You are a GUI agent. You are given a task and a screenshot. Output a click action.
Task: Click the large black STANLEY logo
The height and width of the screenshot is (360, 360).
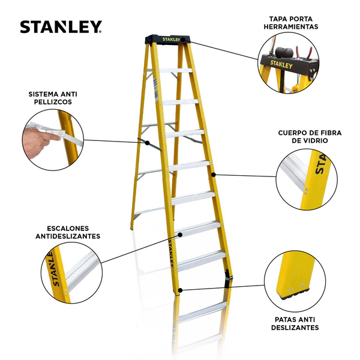(61, 27)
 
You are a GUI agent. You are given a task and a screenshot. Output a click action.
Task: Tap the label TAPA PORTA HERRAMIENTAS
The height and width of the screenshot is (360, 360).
(291, 23)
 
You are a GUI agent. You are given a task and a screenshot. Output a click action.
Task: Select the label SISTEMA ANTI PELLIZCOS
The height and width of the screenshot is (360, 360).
(53, 98)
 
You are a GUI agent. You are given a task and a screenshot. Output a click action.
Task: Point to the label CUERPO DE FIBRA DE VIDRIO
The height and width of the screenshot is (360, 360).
(310, 137)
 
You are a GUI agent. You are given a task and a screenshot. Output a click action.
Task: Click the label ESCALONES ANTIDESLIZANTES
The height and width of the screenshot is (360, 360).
(68, 232)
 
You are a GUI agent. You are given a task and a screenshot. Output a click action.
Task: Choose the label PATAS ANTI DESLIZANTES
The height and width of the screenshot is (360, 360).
(295, 323)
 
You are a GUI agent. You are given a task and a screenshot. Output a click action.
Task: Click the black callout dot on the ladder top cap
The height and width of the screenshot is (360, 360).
(183, 40)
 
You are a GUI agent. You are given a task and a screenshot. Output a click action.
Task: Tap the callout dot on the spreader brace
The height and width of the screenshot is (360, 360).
(148, 143)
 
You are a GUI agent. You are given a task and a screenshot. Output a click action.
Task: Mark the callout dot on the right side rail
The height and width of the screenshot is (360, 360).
(213, 175)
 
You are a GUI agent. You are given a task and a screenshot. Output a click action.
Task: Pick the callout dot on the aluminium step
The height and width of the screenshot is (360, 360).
(180, 235)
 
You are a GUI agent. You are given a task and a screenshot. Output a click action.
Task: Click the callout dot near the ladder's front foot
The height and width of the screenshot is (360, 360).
(180, 290)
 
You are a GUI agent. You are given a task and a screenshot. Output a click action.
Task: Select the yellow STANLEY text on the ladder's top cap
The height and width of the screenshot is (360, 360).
(172, 40)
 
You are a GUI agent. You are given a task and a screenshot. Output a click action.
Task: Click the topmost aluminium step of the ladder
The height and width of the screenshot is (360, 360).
(176, 71)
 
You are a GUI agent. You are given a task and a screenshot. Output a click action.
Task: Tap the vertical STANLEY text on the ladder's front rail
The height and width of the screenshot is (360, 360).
(171, 253)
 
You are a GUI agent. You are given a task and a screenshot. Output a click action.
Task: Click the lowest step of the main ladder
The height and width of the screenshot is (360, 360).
(202, 260)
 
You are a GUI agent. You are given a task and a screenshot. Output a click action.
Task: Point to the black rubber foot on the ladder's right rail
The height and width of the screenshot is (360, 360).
(228, 278)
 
